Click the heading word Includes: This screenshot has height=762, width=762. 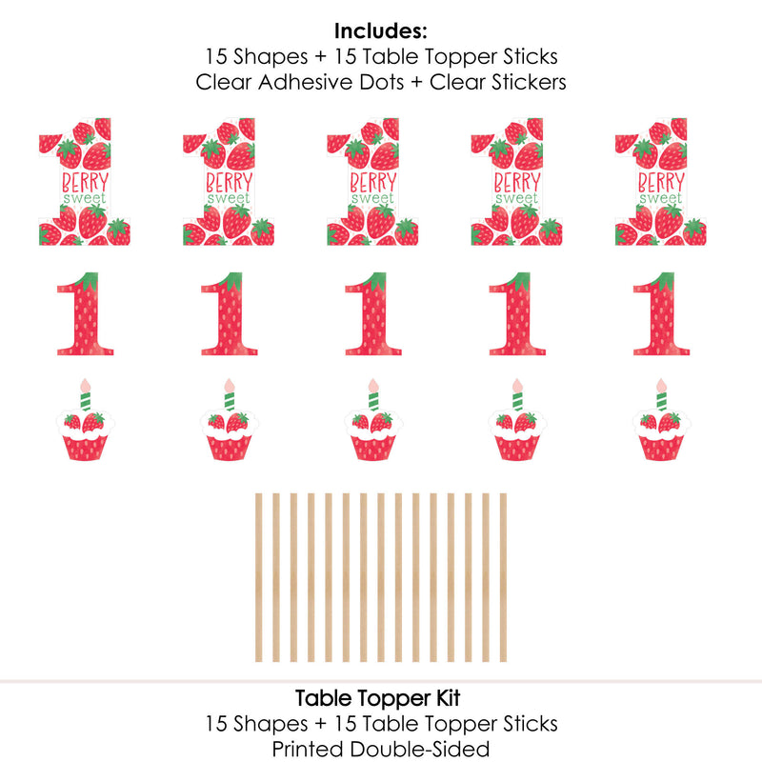tap(381, 30)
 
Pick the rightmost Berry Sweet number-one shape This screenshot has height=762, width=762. tap(661, 182)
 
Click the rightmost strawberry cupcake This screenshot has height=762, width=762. tap(662, 433)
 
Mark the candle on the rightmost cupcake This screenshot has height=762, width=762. tap(661, 392)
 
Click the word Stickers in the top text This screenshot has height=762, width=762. tap(524, 82)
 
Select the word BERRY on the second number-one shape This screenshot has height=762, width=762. tap(227, 182)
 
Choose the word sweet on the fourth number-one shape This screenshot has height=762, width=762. tap(515, 199)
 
